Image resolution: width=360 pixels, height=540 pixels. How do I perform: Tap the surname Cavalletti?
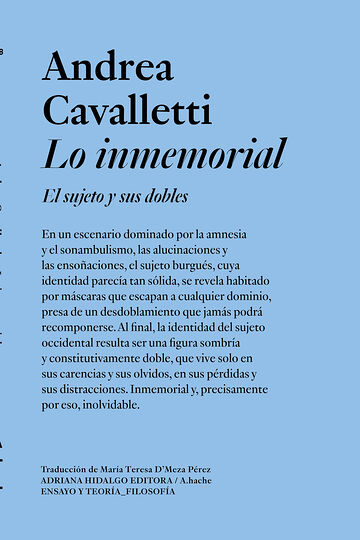[x=121, y=109]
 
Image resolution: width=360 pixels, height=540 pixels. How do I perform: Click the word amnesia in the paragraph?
[x=236, y=234]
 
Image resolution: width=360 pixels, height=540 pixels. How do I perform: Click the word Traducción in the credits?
[x=67, y=469]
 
